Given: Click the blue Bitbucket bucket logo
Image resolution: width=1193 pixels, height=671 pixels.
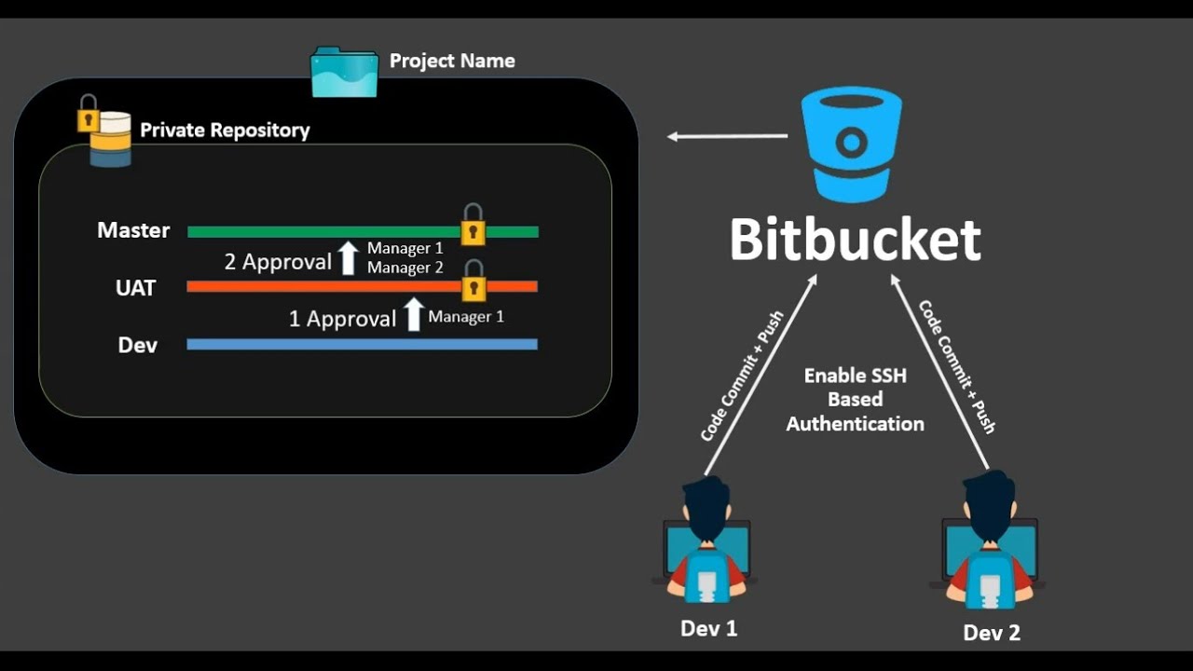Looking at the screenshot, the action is pyautogui.click(x=852, y=144).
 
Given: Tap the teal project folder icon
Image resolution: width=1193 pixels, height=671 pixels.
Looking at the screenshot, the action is pyautogui.click(x=344, y=73).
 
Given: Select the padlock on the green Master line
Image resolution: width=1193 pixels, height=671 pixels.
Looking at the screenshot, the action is pyautogui.click(x=473, y=225).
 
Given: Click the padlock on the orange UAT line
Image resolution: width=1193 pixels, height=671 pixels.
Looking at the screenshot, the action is pyautogui.click(x=473, y=281).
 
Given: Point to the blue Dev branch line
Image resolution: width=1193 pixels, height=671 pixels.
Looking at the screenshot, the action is pyautogui.click(x=363, y=345).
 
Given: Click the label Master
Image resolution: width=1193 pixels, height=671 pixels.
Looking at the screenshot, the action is pyautogui.click(x=133, y=230).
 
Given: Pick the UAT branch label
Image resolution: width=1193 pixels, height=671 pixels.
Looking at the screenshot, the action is pyautogui.click(x=135, y=288).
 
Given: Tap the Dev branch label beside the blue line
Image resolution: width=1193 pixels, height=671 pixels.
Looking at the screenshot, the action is pyautogui.click(x=137, y=345).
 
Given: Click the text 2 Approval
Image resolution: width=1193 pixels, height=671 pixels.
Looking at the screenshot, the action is pyautogui.click(x=278, y=262).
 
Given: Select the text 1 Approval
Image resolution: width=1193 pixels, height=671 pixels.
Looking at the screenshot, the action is pyautogui.click(x=342, y=319).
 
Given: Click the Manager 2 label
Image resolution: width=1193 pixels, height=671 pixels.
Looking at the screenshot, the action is pyautogui.click(x=405, y=267).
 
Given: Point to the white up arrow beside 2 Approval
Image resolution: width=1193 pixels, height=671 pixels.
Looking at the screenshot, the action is pyautogui.click(x=349, y=258).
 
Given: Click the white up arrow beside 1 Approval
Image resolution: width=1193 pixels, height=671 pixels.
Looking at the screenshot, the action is pyautogui.click(x=413, y=314).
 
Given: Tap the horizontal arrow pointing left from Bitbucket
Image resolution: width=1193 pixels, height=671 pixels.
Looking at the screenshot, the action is pyautogui.click(x=728, y=136).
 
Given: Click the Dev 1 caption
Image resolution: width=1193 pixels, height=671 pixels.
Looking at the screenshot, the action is pyautogui.click(x=709, y=628).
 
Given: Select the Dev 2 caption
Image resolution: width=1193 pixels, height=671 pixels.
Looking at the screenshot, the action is pyautogui.click(x=992, y=633).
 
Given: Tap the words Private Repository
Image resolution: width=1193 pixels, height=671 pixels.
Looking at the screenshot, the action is pyautogui.click(x=225, y=130).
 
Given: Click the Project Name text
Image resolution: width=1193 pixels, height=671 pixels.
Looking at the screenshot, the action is pyautogui.click(x=452, y=61).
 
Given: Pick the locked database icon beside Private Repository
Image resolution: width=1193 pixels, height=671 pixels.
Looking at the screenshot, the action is pyautogui.click(x=104, y=131).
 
